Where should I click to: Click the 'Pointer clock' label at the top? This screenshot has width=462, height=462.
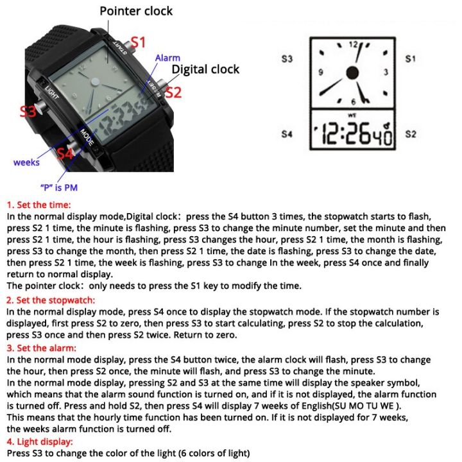pyautogui.click(x=135, y=11)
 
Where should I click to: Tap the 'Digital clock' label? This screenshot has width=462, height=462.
pyautogui.click(x=205, y=69)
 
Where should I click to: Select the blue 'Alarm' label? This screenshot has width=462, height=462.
pyautogui.click(x=168, y=58)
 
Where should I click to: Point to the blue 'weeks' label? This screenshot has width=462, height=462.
pyautogui.click(x=26, y=162)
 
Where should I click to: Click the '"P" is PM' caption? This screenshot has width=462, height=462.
pyautogui.click(x=59, y=187)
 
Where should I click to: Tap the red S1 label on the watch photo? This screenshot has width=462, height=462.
pyautogui.click(x=139, y=43)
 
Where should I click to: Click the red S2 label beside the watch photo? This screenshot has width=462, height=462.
pyautogui.click(x=173, y=92)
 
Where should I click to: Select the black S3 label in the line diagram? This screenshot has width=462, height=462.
pyautogui.click(x=287, y=59)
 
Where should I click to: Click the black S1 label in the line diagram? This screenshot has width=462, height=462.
pyautogui.click(x=411, y=59)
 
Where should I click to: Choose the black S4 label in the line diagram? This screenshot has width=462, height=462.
pyautogui.click(x=287, y=134)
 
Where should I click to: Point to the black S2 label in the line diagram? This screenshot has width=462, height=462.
pyautogui.click(x=411, y=134)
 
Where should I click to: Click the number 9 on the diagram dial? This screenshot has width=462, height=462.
pyautogui.click(x=320, y=73)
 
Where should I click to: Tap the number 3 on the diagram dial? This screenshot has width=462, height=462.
pyautogui.click(x=386, y=73)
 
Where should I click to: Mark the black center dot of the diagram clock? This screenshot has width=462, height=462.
pyautogui.click(x=352, y=73)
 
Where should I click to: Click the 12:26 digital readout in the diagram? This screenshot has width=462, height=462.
pyautogui.click(x=352, y=135)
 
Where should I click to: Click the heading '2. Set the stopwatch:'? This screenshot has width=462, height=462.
pyautogui.click(x=51, y=300)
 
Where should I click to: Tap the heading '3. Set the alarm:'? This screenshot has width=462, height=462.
pyautogui.click(x=41, y=348)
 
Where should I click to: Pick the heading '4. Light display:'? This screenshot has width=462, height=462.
pyautogui.click(x=40, y=442)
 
